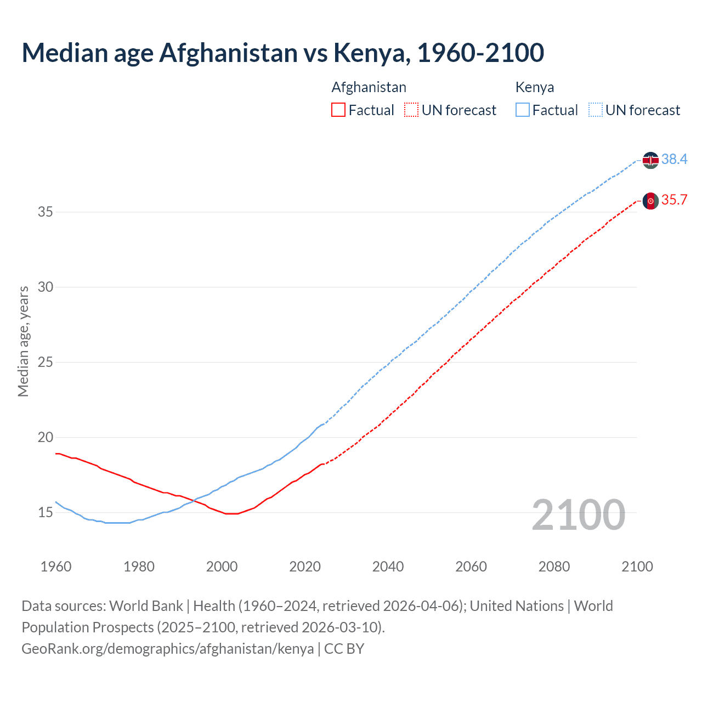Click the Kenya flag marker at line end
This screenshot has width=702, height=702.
(650, 160)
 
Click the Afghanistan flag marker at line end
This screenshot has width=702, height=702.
(650, 201)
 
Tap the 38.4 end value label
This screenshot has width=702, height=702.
(674, 159)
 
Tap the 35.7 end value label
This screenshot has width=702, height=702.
(674, 200)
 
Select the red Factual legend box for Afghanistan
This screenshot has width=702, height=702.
(338, 110)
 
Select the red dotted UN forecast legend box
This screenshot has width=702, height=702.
(411, 110)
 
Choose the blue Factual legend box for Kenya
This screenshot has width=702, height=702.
(522, 110)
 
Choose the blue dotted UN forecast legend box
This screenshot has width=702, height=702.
(595, 110)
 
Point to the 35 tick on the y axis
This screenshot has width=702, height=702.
(45, 212)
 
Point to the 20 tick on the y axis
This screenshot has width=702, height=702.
(45, 437)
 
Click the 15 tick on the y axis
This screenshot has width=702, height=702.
(45, 512)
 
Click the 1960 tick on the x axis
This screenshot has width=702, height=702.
(56, 567)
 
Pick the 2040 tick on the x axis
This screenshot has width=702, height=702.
(388, 567)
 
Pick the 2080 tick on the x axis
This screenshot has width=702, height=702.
(554, 567)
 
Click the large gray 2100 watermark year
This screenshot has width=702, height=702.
(578, 514)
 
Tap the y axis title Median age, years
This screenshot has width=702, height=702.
(23, 341)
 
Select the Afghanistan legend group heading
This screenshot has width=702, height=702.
(369, 87)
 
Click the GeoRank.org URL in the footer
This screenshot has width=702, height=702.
(167, 648)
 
